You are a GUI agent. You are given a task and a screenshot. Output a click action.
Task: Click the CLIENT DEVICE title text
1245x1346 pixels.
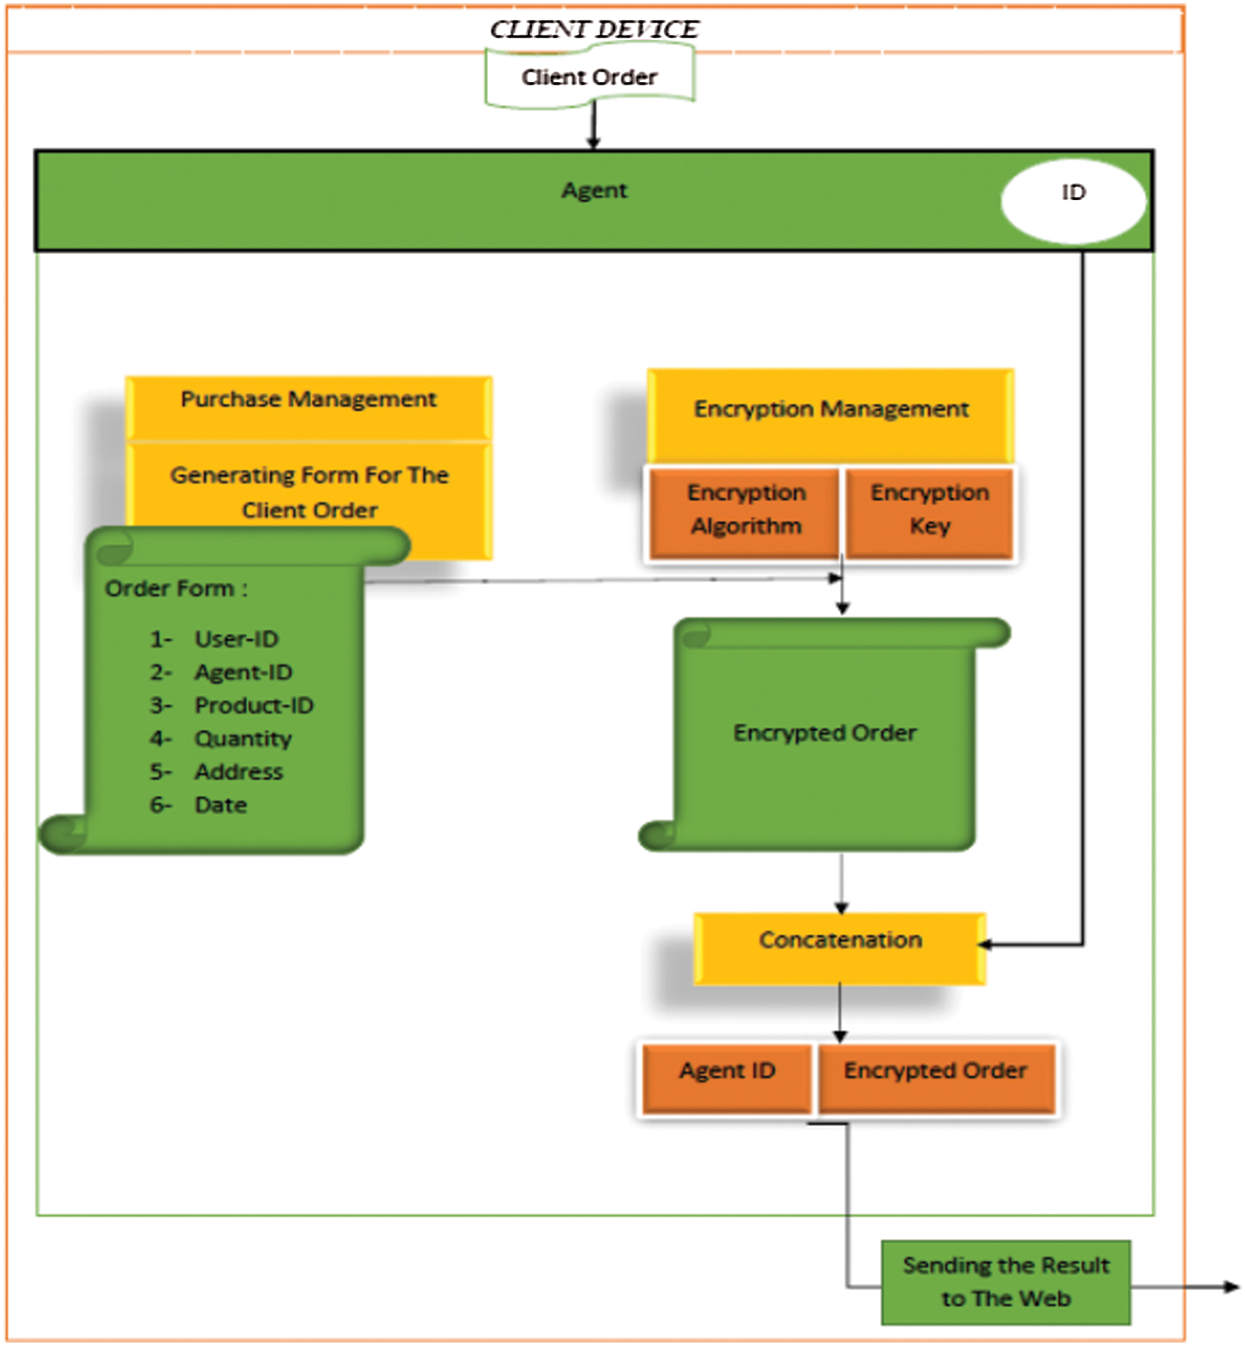pos(594,29)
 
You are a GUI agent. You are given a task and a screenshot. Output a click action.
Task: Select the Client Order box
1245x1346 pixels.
pos(589,76)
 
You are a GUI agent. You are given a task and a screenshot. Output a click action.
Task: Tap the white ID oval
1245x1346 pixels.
pos(1073,201)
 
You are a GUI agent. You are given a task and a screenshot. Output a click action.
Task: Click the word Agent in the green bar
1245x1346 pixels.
pos(594,191)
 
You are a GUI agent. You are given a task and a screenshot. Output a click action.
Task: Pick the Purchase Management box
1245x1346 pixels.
pos(309,407)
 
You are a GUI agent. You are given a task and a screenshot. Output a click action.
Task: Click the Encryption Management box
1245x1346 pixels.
pos(830,415)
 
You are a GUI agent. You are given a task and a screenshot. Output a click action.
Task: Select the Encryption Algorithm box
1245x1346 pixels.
pos(745,511)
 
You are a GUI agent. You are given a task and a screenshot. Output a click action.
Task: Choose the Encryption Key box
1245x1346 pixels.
pos(930,511)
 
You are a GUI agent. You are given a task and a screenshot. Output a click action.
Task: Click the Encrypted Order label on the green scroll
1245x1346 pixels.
pos(825,732)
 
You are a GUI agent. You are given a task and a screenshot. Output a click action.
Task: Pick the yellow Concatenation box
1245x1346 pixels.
pos(840,948)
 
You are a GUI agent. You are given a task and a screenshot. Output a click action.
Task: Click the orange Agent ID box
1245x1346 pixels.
pos(727,1077)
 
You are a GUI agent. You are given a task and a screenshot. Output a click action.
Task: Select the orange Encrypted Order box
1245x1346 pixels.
pos(936,1077)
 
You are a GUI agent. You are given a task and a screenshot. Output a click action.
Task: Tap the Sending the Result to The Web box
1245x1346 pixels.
pos(1006,1282)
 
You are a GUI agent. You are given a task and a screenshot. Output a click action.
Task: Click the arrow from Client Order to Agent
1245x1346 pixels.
pos(593,125)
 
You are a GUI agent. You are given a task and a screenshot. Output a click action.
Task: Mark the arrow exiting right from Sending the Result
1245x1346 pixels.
pos(1184,1286)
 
